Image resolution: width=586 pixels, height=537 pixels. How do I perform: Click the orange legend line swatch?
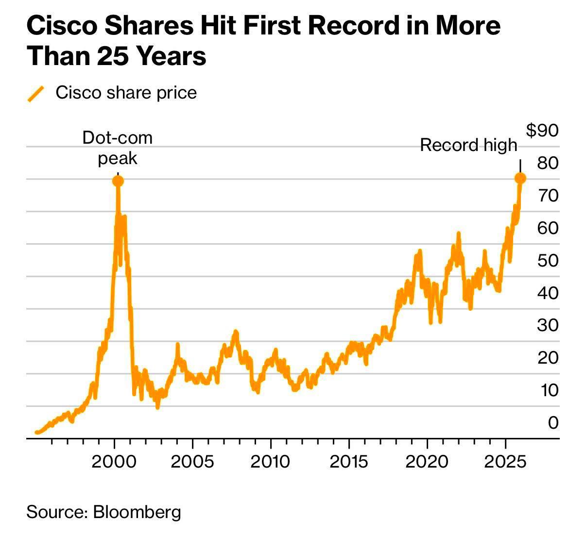click(36, 94)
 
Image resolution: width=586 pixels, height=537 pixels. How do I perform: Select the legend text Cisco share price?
click(126, 93)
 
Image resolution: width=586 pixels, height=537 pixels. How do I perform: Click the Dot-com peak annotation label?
click(117, 148)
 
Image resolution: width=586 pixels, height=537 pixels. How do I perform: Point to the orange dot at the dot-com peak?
click(118, 181)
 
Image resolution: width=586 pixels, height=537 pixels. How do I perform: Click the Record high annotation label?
click(468, 145)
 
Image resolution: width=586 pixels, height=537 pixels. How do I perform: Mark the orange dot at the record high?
click(520, 178)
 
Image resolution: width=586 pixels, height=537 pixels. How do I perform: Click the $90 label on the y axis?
click(543, 130)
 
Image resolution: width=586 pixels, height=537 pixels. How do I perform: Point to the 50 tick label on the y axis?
click(548, 260)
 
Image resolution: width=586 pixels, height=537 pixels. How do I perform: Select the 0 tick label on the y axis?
click(553, 422)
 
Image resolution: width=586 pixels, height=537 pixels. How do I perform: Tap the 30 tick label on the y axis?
click(548, 325)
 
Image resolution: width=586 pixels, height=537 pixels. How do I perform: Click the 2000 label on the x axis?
click(114, 461)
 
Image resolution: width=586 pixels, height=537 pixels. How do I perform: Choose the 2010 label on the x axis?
click(270, 461)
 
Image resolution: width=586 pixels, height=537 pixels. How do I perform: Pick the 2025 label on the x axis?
click(506, 461)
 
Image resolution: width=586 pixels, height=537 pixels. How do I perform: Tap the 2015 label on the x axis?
click(349, 461)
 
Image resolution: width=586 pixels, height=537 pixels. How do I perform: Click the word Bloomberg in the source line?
click(137, 512)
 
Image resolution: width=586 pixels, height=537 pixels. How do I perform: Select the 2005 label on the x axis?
click(192, 461)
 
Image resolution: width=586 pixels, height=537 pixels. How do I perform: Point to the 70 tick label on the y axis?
click(548, 195)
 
